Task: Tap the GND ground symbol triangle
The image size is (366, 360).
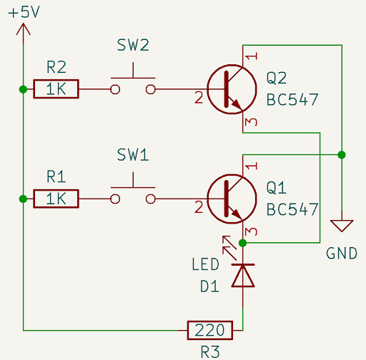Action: click(342, 226)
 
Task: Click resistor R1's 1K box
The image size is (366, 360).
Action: click(56, 199)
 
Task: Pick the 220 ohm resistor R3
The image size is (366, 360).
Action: click(209, 331)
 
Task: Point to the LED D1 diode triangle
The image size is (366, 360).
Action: click(243, 276)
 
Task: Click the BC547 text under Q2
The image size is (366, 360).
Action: click(292, 99)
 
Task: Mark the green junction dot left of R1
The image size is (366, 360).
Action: click(24, 199)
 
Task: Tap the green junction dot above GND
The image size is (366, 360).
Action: click(342, 154)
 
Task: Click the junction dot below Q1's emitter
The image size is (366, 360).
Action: click(243, 243)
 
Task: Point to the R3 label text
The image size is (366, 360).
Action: click(209, 351)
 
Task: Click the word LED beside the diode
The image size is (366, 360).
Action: click(204, 265)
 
